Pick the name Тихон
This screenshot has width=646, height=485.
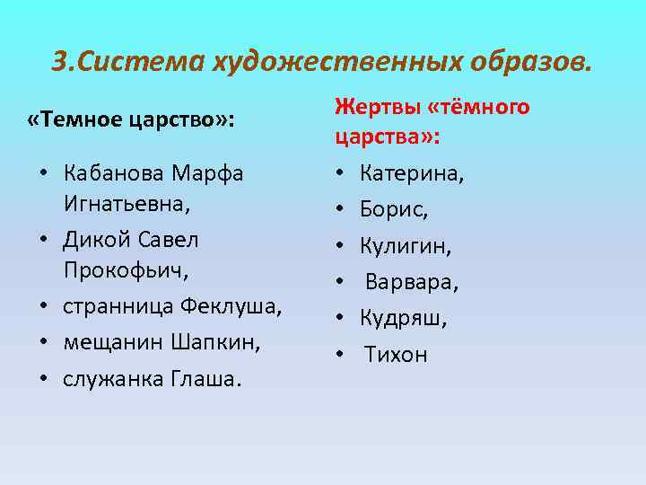[x=396, y=354]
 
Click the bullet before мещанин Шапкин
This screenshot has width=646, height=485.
[x=43, y=343]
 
